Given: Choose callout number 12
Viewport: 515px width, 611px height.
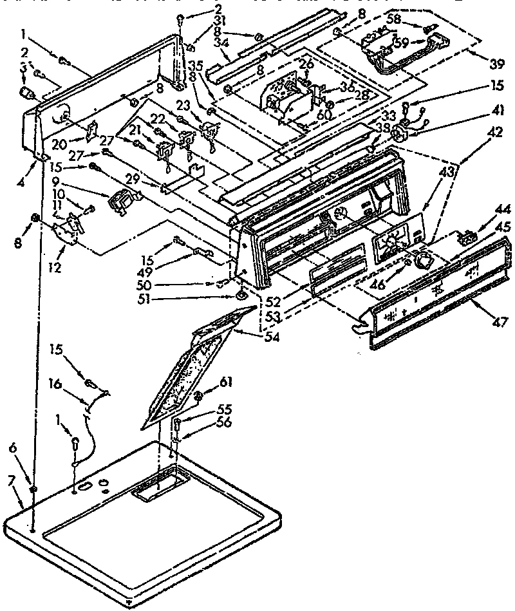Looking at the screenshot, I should pos(55,267).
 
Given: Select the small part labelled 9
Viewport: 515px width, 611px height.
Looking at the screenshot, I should pos(122,202).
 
